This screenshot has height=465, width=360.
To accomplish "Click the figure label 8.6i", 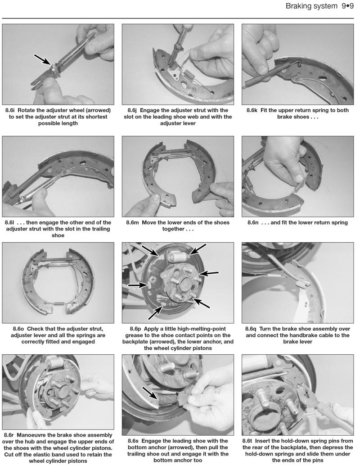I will (x=13, y=110).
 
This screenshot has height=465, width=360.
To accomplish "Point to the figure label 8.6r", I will (x=12, y=435).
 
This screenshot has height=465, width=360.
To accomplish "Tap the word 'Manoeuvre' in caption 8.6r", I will (x=39, y=435).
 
